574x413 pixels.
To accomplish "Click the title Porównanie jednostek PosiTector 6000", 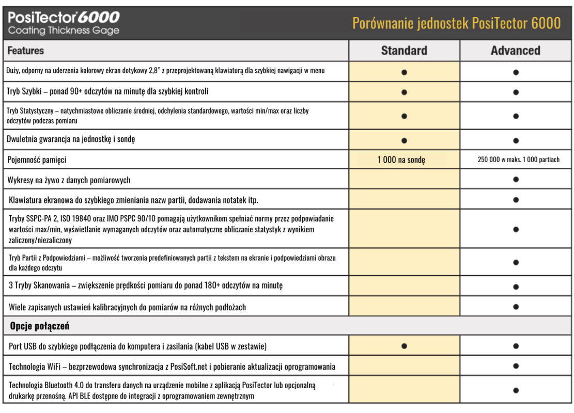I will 456,23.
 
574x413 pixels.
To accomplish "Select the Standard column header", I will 404,51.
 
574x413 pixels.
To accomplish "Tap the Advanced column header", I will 516,51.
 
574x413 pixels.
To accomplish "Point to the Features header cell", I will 26,51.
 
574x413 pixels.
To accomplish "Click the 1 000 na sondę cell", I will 401,160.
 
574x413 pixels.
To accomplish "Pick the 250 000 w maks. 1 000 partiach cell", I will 518,160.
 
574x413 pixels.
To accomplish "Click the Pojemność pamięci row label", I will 37,160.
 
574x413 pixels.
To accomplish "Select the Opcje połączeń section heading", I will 39,326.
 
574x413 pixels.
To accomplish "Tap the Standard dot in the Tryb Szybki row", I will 404,92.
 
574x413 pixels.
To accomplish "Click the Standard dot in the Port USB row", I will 404,346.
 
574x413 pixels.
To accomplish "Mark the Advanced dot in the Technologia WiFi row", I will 516,366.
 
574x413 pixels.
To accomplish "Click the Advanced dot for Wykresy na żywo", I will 516,180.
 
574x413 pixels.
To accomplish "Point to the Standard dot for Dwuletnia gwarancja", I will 404,140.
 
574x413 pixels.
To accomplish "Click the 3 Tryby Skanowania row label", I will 146,285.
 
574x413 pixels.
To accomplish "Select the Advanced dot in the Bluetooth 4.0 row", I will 516,390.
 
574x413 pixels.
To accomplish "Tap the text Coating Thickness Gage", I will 64,30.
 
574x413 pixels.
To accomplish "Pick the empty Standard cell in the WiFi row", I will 404,366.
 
